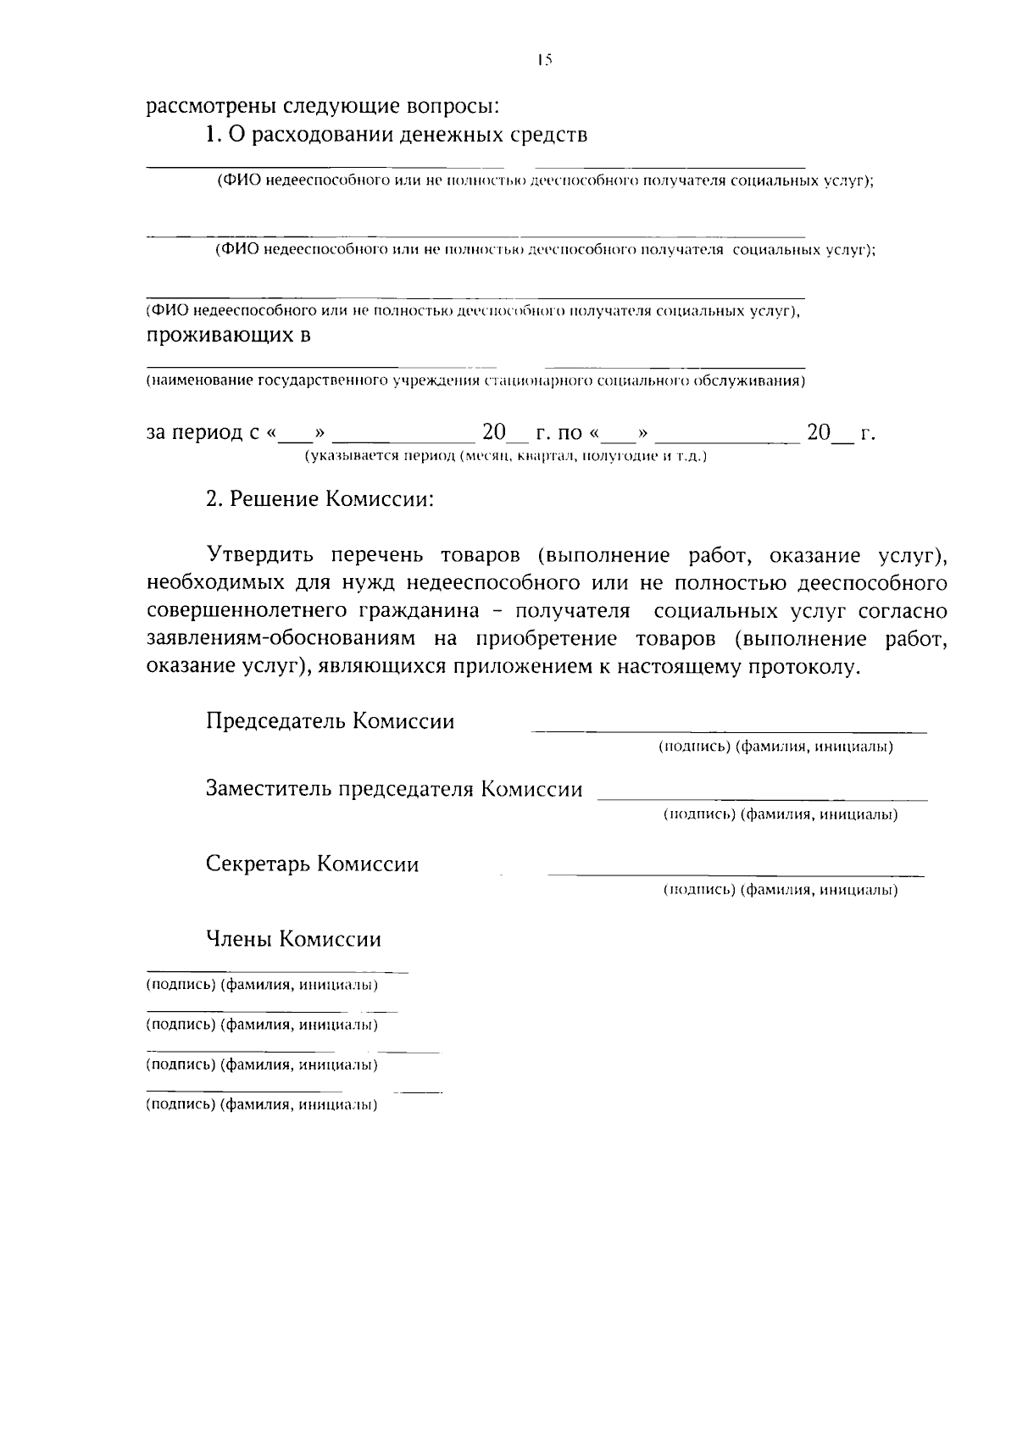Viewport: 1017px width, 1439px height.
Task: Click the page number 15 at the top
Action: coord(543,59)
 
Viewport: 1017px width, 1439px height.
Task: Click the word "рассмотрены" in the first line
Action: coord(201,108)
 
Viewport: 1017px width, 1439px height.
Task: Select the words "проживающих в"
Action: coord(228,336)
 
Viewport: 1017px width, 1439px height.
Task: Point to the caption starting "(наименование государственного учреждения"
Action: coord(475,381)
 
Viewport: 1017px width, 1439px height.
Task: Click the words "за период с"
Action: coord(204,433)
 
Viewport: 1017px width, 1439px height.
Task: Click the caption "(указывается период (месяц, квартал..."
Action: coord(506,457)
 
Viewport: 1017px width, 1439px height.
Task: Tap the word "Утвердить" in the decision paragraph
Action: coord(261,556)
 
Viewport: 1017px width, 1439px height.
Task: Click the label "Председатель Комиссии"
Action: coord(331,721)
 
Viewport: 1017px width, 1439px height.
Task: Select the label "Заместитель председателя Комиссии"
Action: coord(394,790)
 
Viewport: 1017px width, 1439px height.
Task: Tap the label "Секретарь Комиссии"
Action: coord(313,864)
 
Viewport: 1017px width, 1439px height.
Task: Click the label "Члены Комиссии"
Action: coord(293,939)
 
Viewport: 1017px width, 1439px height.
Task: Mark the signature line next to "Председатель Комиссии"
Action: coord(729,731)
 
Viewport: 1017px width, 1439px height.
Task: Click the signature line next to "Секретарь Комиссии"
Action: coord(736,874)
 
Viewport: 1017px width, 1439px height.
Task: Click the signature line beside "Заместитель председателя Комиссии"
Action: coord(763,799)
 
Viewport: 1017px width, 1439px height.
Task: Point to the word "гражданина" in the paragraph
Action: coord(431,612)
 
